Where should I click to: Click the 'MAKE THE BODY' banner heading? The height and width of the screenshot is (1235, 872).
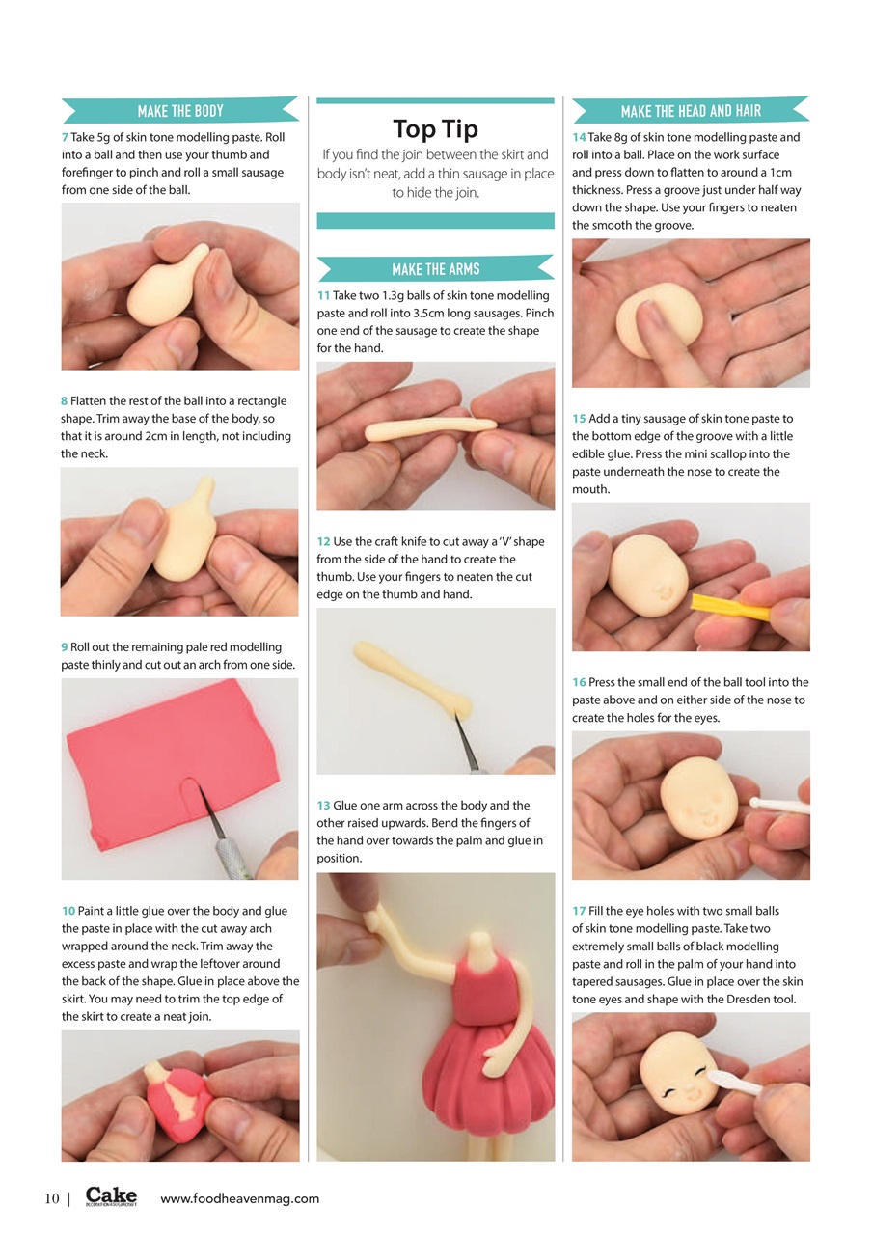coord(180,111)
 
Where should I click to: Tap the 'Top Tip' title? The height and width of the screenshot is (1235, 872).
coord(435,128)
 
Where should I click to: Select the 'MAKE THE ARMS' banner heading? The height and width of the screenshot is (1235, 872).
coord(435,269)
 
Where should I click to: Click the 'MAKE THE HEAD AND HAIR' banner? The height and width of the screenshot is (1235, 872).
coord(691,111)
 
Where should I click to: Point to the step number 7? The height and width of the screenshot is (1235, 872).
coord(64,138)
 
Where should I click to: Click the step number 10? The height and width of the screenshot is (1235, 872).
coord(68,911)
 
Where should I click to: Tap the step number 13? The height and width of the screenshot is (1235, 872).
coord(323,806)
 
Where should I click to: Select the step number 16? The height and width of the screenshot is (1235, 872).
coord(579,683)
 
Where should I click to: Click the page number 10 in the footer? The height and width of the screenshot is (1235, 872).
coord(52,1199)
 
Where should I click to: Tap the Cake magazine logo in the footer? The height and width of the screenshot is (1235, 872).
coord(111,1197)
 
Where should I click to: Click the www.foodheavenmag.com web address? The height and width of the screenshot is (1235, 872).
coord(239,1199)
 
